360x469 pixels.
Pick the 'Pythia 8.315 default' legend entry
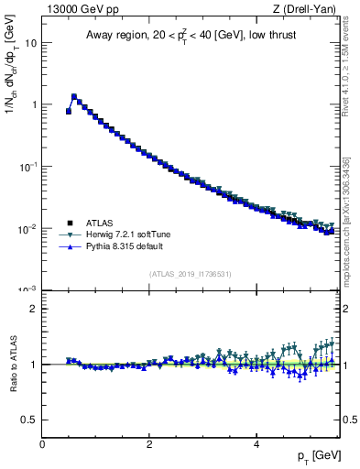click(115, 246)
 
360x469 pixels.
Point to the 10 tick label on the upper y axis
click(30, 43)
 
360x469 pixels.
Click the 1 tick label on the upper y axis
click(33, 104)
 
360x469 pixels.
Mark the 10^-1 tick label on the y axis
click(27, 166)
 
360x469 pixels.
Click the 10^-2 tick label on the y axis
click(27, 228)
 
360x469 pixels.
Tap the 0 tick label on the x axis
click(42, 444)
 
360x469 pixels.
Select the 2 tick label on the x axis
click(148, 444)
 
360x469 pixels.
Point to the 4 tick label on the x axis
click(256, 444)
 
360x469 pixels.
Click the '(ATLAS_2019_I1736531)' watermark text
click(191, 274)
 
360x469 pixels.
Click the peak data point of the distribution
click(74, 96)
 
